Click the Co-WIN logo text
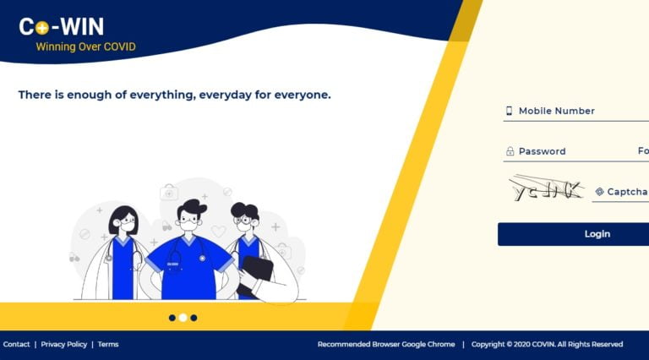point(62,27)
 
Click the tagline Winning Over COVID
point(85,47)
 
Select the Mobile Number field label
point(556,111)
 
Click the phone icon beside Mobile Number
point(510,111)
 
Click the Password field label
point(542,151)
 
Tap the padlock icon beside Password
point(510,151)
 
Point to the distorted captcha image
point(546,189)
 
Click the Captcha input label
point(626,192)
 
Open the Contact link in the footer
point(16,344)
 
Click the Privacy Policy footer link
point(63,344)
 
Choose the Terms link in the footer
point(108,344)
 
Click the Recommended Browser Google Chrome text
point(385,344)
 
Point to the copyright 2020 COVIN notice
point(547,344)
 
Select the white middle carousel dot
point(183,318)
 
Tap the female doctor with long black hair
point(123,254)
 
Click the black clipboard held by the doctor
point(256,272)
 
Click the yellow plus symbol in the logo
point(41,28)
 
